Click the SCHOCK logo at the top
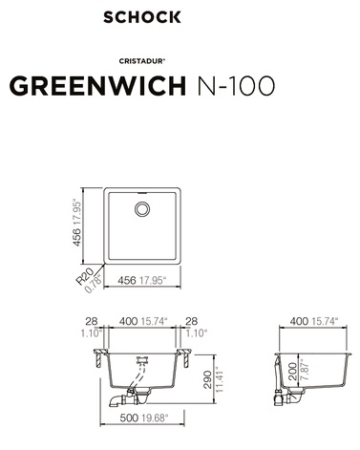point(142,17)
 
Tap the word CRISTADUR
point(141,61)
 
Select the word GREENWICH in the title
point(97,86)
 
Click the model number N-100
point(236,86)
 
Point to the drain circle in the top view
point(142,209)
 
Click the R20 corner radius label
point(84,276)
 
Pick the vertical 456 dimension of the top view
point(76,237)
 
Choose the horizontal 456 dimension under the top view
point(127,281)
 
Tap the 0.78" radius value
point(94,284)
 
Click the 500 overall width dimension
point(129,418)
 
